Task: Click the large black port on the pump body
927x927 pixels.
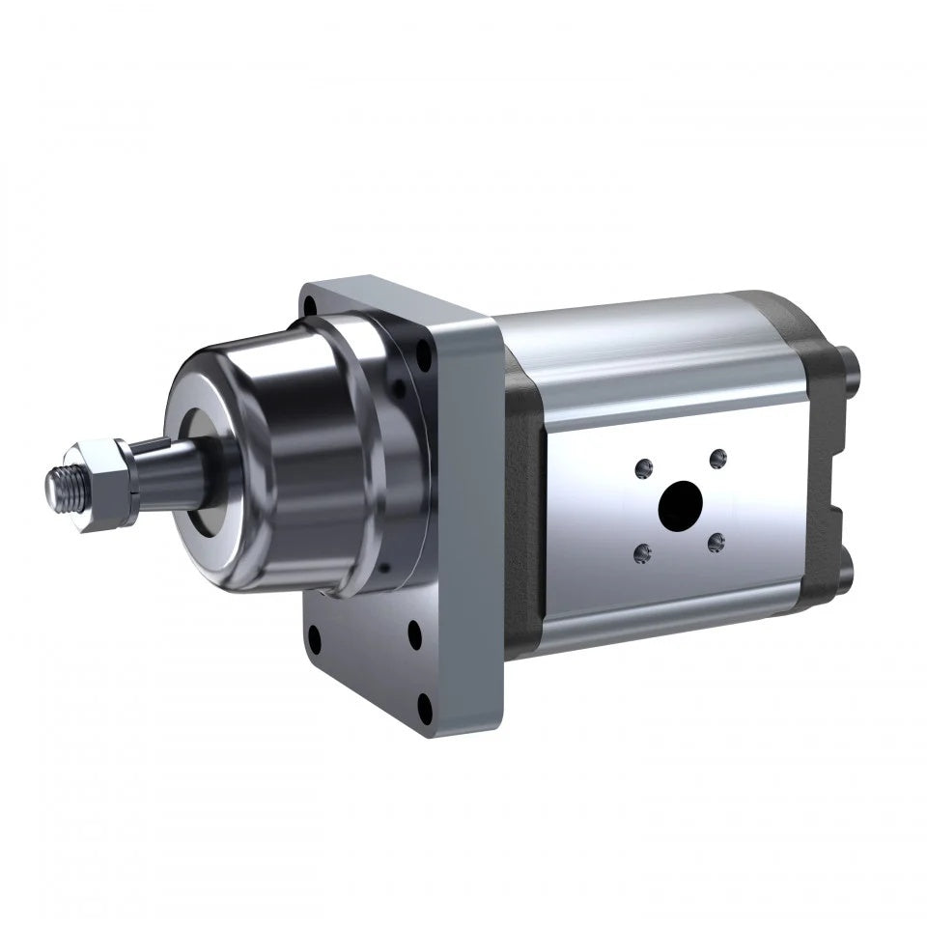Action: [681, 503]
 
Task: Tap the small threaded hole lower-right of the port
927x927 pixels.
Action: [715, 545]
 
